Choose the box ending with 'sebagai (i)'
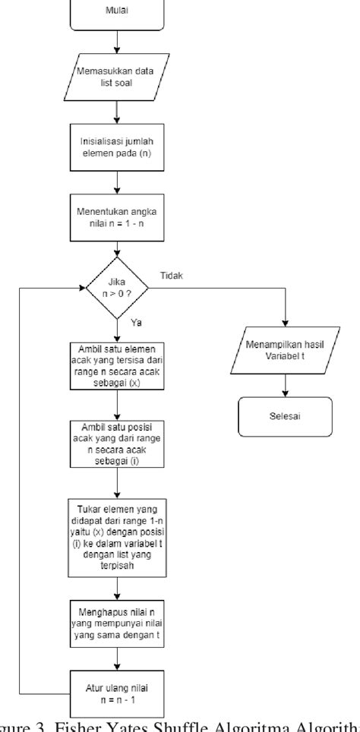click(x=116, y=443)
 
